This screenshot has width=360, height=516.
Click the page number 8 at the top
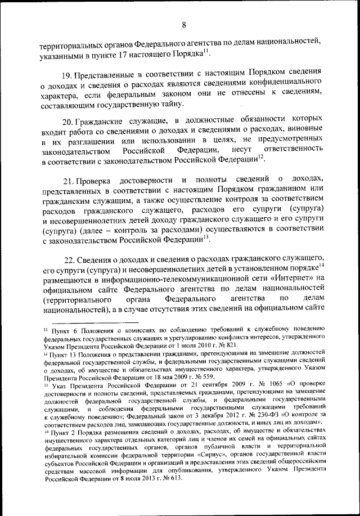(183, 24)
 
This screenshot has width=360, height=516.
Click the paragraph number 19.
(67, 73)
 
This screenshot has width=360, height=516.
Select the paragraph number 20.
(67, 122)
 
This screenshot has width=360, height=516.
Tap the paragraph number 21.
(68, 180)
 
